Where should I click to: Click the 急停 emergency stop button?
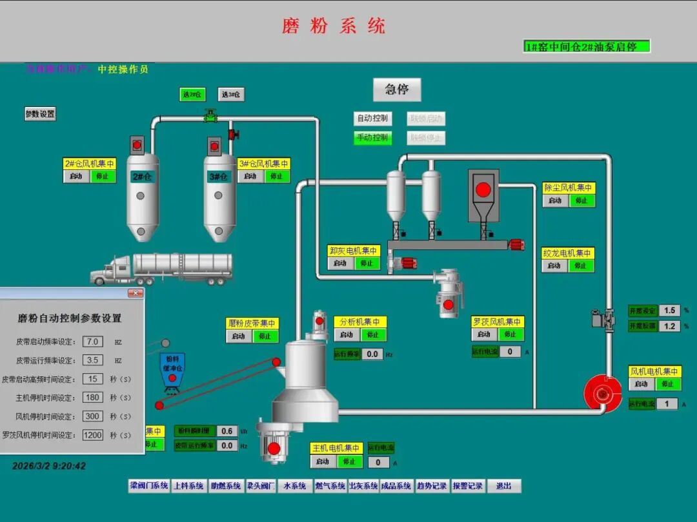point(397,90)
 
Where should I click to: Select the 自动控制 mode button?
point(372,119)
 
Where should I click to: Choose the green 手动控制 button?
point(372,137)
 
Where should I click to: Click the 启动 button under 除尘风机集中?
point(554,200)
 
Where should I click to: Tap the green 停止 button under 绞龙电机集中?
point(581,266)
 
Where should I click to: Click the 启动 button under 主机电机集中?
point(323,461)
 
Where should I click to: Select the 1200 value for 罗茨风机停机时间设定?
point(93,435)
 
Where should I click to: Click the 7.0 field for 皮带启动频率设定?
point(93,342)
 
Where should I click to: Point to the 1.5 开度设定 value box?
point(669,311)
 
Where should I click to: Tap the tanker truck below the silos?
point(161,269)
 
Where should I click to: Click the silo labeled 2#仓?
point(143,193)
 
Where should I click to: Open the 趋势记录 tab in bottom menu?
point(431,486)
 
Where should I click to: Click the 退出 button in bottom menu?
point(503,486)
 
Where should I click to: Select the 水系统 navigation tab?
point(294,486)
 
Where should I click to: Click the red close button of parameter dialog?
point(135,293)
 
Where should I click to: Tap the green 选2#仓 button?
point(192,95)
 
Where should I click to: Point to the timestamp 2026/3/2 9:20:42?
point(49,465)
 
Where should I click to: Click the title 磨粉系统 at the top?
point(334,26)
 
